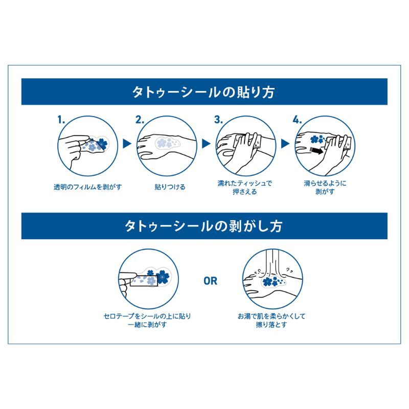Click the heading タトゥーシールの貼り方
(x=204, y=92)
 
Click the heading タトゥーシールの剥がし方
(x=204, y=226)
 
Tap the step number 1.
(x=61, y=120)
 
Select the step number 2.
(x=140, y=120)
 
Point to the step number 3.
(x=218, y=120)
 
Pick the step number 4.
(x=297, y=120)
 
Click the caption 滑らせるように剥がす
(x=324, y=187)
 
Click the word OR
(x=210, y=281)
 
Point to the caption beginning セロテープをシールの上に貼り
(x=147, y=321)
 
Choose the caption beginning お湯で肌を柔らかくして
(x=271, y=321)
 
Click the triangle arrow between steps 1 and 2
(x=127, y=144)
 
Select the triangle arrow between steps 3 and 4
(x=285, y=144)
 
